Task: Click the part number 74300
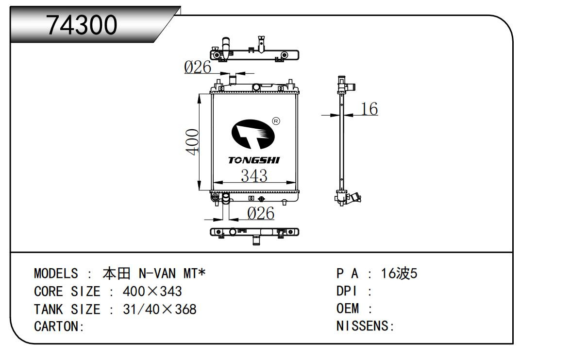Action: point(82,25)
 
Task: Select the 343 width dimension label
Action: point(254,175)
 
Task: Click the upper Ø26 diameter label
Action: point(198,68)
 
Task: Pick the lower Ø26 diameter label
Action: point(261,213)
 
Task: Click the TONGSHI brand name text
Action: point(254,160)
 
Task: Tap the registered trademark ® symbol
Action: point(276,121)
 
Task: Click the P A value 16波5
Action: point(399,274)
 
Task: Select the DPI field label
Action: point(347,291)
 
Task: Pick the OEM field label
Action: point(348,309)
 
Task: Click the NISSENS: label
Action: point(365,326)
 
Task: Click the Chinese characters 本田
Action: point(117,274)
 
